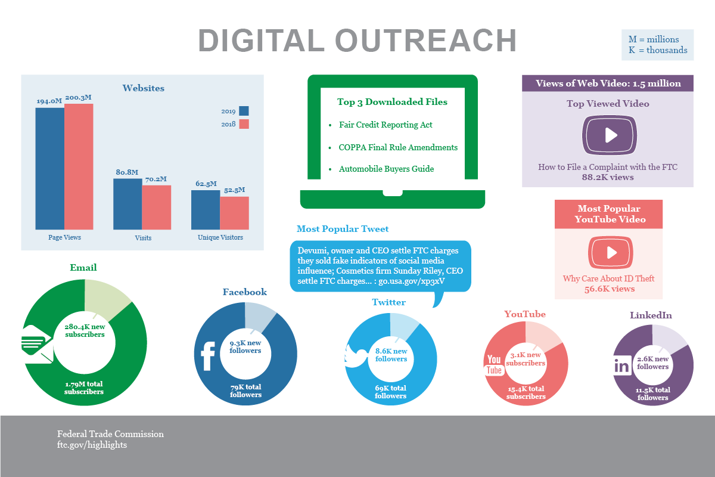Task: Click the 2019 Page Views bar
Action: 49,168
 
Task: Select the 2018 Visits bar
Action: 156,207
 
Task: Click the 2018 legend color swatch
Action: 244,124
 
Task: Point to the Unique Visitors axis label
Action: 220,237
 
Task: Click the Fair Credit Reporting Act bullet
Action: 385,125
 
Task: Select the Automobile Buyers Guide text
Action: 386,169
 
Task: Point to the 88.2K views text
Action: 608,177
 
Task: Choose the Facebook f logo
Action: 208,357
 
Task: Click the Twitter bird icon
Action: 356,357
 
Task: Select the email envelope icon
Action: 36,344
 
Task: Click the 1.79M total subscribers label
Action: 84,388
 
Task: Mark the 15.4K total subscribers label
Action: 526,392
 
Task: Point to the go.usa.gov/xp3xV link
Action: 412,281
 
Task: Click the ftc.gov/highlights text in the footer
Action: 92,445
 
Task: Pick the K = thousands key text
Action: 658,50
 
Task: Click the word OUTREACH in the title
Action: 426,41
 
